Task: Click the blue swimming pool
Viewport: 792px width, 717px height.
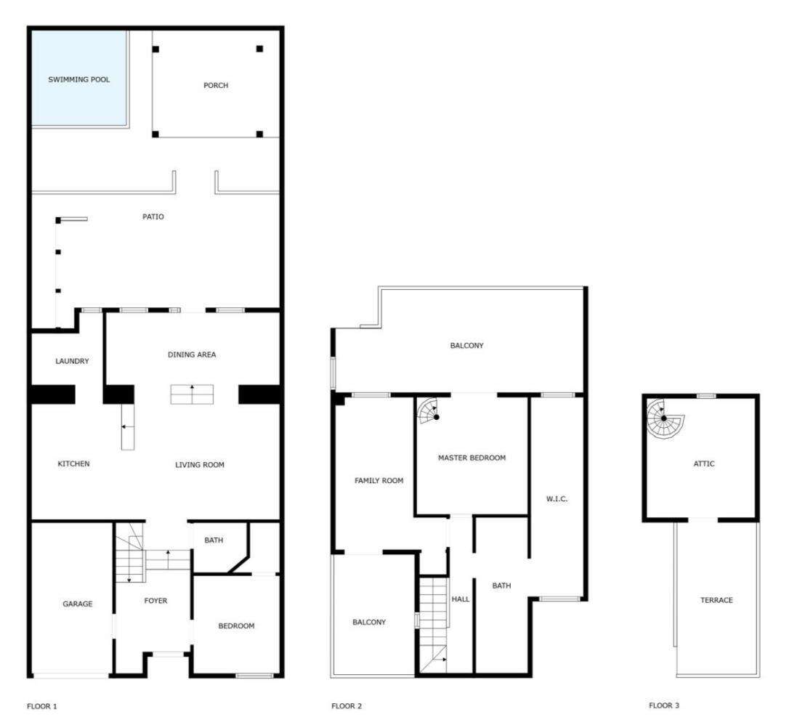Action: click(x=78, y=77)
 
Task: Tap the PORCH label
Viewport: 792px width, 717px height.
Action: click(x=216, y=85)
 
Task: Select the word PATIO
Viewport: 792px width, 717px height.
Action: click(x=153, y=216)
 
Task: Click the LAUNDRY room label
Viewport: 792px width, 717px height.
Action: click(x=72, y=361)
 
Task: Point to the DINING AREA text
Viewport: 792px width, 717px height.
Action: click(x=192, y=355)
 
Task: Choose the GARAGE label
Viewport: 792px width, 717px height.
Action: click(x=78, y=604)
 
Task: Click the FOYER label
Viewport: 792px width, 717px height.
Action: click(x=155, y=600)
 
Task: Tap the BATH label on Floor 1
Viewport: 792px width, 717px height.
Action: click(x=214, y=540)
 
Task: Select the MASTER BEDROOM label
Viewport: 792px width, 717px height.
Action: click(x=472, y=458)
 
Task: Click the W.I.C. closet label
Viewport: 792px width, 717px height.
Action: click(x=557, y=499)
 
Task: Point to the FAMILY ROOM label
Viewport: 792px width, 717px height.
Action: click(x=379, y=481)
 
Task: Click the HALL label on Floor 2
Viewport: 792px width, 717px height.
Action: click(x=460, y=599)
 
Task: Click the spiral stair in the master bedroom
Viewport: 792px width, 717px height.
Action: click(x=428, y=410)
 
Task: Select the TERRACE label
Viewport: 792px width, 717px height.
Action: click(x=716, y=600)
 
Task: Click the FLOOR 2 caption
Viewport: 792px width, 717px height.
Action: click(x=347, y=706)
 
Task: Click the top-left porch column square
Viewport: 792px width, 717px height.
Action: click(x=155, y=49)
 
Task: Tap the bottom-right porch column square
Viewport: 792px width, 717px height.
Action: click(x=259, y=134)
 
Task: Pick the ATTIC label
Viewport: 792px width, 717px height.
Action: click(x=704, y=463)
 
